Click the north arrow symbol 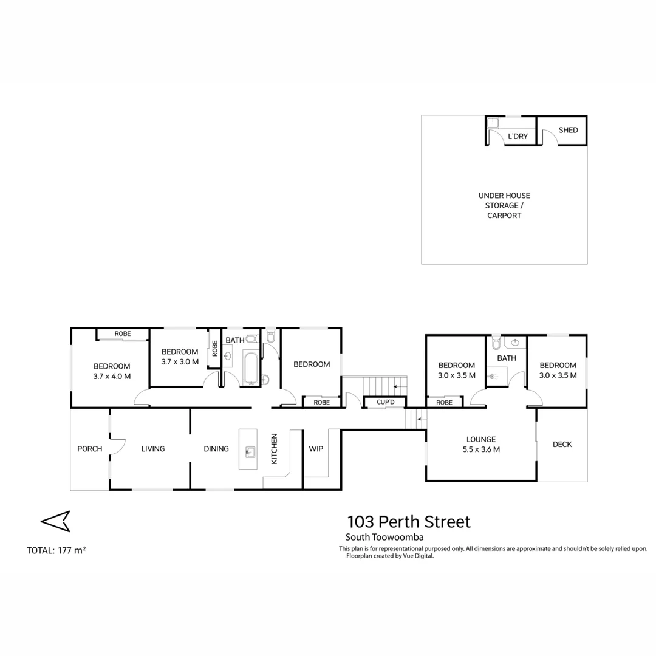pyautogui.click(x=55, y=521)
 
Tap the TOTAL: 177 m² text pyautogui.click(x=56, y=551)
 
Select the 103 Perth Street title pyautogui.click(x=408, y=521)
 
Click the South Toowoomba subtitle pyautogui.click(x=384, y=537)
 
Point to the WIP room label pyautogui.click(x=316, y=449)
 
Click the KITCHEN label pyautogui.click(x=274, y=449)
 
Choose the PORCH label pyautogui.click(x=89, y=449)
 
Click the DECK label pyautogui.click(x=562, y=444)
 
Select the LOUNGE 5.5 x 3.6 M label pyautogui.click(x=481, y=444)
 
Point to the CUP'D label pyautogui.click(x=385, y=402)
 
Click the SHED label pyautogui.click(x=568, y=130)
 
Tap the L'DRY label pyautogui.click(x=518, y=137)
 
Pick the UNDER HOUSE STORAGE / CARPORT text pyautogui.click(x=504, y=205)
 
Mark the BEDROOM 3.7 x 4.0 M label pyautogui.click(x=112, y=371)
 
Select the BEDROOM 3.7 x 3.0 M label pyautogui.click(x=180, y=357)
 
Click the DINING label pyautogui.click(x=216, y=449)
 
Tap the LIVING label pyautogui.click(x=152, y=449)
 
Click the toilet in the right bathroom pyautogui.click(x=495, y=344)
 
